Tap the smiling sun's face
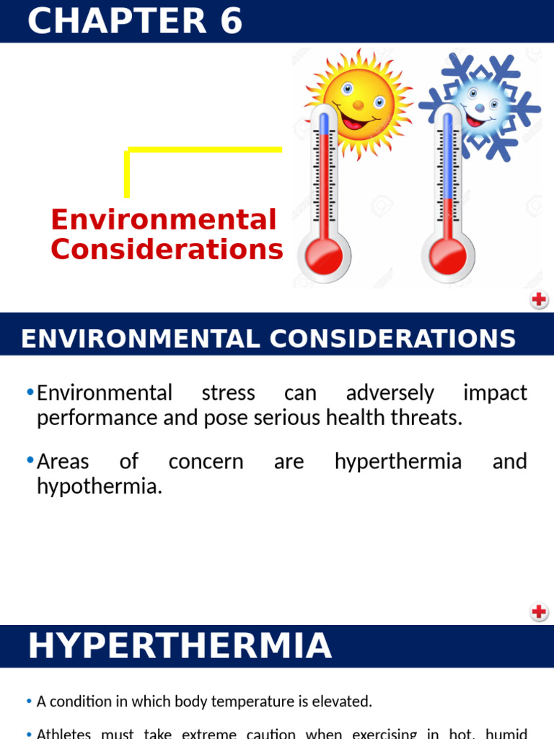(358, 101)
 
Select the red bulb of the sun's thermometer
(324, 255)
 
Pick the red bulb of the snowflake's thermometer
(447, 255)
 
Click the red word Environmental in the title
(164, 219)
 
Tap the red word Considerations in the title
(167, 250)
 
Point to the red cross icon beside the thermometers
(539, 299)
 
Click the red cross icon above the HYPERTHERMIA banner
(539, 613)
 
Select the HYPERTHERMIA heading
(180, 646)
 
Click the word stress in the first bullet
(228, 393)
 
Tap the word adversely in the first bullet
(390, 393)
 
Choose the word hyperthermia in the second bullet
(397, 462)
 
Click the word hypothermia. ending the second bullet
(100, 486)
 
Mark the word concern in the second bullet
(206, 462)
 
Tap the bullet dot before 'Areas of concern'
(30, 460)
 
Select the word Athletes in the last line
(64, 734)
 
